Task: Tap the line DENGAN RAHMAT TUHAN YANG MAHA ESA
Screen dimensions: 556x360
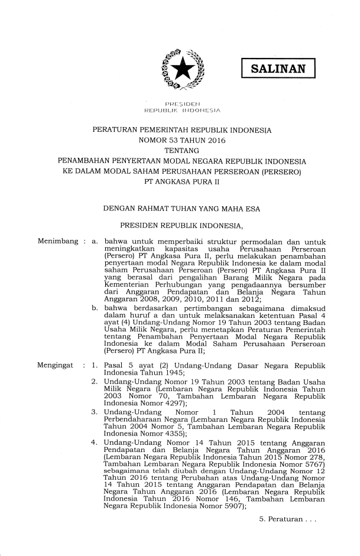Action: [181, 209]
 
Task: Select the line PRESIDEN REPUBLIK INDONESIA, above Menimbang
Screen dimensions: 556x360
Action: [182, 225]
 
